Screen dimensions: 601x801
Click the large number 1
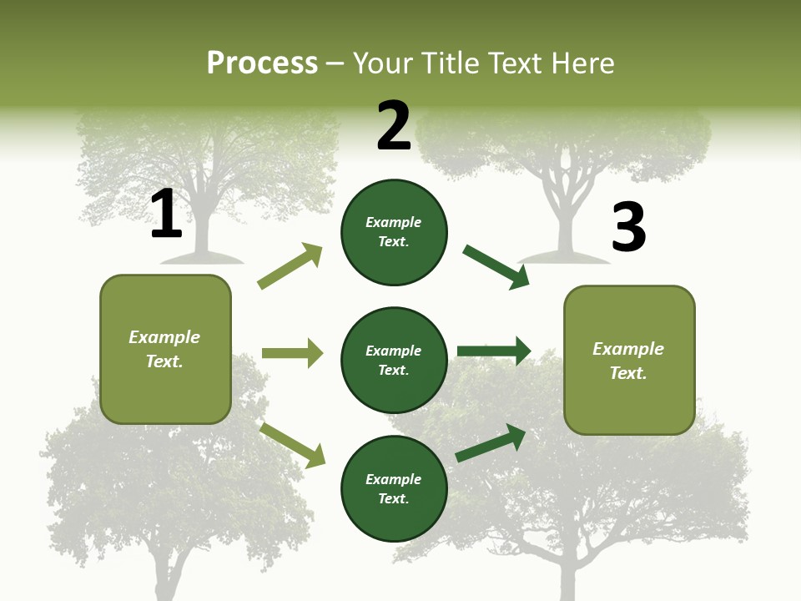coord(166,214)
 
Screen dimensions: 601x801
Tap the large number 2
coord(394,126)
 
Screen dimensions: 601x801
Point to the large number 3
coord(628,227)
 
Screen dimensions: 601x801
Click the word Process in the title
coord(262,63)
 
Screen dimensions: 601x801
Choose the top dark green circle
coord(394,232)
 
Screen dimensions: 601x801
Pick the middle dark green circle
coord(394,360)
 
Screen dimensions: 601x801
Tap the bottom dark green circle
coord(394,488)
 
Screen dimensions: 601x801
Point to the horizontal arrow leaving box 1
coord(292,353)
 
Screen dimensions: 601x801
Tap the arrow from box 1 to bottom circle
coord(292,445)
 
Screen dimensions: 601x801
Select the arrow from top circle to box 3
coord(496,267)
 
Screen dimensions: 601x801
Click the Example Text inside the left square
coord(164,349)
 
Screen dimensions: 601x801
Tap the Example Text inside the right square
coord(628,361)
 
